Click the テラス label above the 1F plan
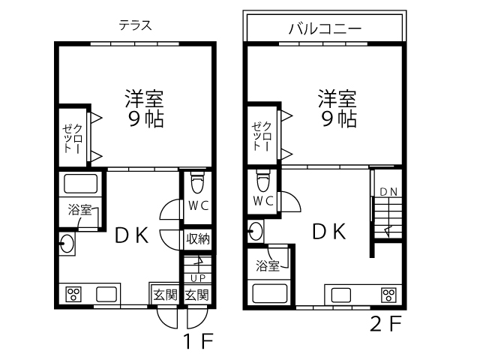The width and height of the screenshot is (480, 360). [x=135, y=25]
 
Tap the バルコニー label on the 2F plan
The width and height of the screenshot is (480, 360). [x=325, y=28]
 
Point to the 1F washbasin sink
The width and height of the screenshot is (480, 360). [x=67, y=244]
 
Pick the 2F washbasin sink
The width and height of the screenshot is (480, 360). [x=256, y=231]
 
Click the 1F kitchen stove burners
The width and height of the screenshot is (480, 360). [x=73, y=295]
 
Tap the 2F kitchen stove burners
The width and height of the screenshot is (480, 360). [x=389, y=295]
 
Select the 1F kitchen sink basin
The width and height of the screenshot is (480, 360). [x=106, y=294]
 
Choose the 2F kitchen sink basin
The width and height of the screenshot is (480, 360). [x=341, y=295]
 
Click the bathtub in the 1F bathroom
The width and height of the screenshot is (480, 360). [x=80, y=184]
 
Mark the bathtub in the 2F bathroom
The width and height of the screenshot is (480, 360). [x=269, y=293]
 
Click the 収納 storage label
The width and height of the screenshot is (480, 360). [x=198, y=238]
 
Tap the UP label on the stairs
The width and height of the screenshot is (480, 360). [x=198, y=278]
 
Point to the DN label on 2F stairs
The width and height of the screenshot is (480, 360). [x=388, y=192]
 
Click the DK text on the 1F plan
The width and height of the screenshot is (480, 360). [x=132, y=235]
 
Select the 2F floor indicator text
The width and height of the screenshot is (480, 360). [x=385, y=323]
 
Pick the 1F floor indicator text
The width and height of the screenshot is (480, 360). [x=198, y=340]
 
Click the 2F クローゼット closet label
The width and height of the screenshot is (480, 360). [x=262, y=136]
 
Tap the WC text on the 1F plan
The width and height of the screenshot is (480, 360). [x=198, y=205]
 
